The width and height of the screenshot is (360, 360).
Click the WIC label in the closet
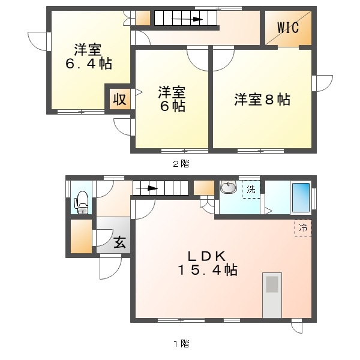point(288,28)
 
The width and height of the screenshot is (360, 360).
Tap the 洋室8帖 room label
point(262,100)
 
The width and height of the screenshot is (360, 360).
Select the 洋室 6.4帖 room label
point(89,56)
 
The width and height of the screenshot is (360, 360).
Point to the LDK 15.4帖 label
point(208,263)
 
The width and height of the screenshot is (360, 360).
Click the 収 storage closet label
point(119,100)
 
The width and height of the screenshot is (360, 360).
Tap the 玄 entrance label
point(119,242)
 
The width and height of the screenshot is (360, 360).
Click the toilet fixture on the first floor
point(81,203)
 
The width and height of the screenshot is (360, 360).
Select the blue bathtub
point(301,197)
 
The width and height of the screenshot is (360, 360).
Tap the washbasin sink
point(229,187)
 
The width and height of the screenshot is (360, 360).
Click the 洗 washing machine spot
point(251,190)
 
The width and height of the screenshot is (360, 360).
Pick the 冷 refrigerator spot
point(303,228)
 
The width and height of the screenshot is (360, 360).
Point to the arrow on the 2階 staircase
point(187,19)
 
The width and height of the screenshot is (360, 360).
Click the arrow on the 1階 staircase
point(147,188)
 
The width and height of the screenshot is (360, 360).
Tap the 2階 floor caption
point(181,164)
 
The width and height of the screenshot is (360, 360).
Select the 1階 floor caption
point(181,344)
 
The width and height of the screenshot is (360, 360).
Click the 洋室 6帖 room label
point(172,99)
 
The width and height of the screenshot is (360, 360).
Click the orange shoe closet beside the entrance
point(81,236)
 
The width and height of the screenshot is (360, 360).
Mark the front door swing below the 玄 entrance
point(110,268)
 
